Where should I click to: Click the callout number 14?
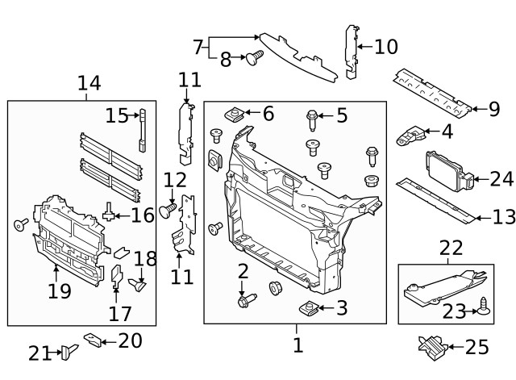point(89,82)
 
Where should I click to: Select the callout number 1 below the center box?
point(298,345)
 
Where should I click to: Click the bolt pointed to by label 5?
point(312,119)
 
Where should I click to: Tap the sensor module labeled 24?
point(445,171)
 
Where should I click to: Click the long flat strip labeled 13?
point(435,199)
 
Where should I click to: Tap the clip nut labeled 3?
point(310,307)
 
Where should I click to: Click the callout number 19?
point(60,291)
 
